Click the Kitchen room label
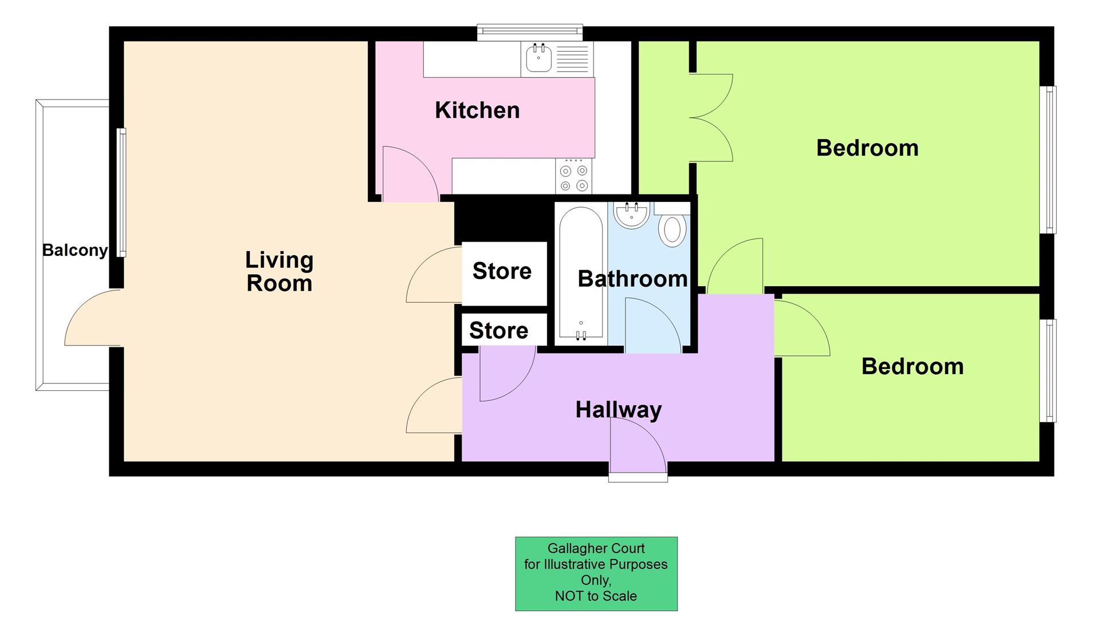(477, 110)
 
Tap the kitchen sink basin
(538, 60)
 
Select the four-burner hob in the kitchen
(573, 177)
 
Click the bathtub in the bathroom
(581, 275)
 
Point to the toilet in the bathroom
(672, 229)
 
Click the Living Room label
(279, 271)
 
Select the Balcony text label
(74, 250)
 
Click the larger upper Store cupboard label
(502, 271)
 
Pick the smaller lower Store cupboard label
(498, 330)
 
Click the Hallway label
(618, 410)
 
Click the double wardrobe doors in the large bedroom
(710, 118)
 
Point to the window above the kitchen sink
(530, 32)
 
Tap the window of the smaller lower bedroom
(1048, 370)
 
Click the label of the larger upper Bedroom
(867, 148)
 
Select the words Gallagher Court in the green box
(596, 548)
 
